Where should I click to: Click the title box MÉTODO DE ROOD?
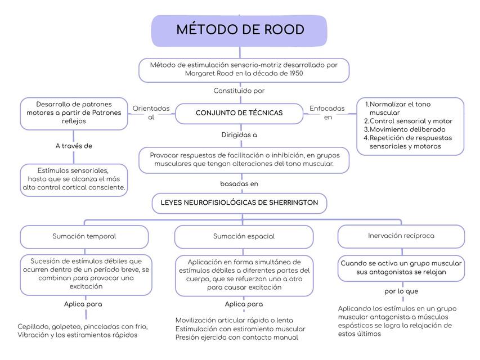pyautogui.click(x=240, y=30)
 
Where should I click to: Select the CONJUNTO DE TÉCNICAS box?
pyautogui.click(x=239, y=113)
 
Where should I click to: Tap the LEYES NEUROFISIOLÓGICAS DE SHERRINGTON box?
pyautogui.click(x=239, y=202)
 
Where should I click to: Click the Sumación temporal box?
pyautogui.click(x=84, y=236)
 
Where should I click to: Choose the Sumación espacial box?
pyautogui.click(x=244, y=236)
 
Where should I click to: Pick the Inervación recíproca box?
pyautogui.click(x=401, y=236)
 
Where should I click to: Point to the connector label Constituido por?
pyautogui.click(x=239, y=91)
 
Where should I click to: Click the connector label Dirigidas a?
pyautogui.click(x=239, y=135)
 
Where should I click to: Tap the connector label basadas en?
pyautogui.click(x=239, y=183)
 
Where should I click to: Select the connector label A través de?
pyautogui.click(x=74, y=146)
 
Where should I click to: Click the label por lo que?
pyautogui.click(x=401, y=291)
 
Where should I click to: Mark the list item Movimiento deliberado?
pyautogui.click(x=403, y=129)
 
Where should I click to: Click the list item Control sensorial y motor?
pyautogui.click(x=411, y=121)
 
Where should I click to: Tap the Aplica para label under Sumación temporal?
pyautogui.click(x=83, y=304)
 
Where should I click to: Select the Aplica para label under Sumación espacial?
pyautogui.click(x=244, y=304)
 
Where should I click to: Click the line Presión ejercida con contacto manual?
pyautogui.click(x=236, y=337)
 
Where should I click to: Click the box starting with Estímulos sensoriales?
pyautogui.click(x=74, y=179)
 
